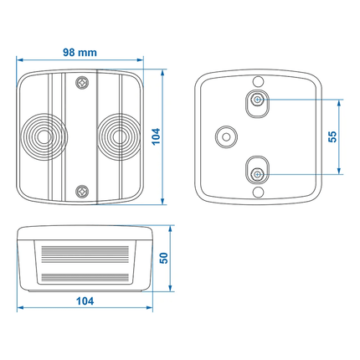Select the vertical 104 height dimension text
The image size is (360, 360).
click(x=157, y=136)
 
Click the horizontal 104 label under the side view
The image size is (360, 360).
click(x=84, y=300)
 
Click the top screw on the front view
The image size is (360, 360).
click(x=81, y=82)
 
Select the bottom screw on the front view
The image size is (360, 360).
click(x=81, y=191)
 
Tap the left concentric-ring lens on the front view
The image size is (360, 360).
click(x=43, y=136)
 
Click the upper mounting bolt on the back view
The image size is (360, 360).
click(x=258, y=101)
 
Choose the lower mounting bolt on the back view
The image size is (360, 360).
click(x=258, y=172)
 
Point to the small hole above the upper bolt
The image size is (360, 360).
click(x=258, y=81)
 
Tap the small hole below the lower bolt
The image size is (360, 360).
click(x=258, y=193)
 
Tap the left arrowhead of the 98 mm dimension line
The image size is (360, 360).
click(x=21, y=60)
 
